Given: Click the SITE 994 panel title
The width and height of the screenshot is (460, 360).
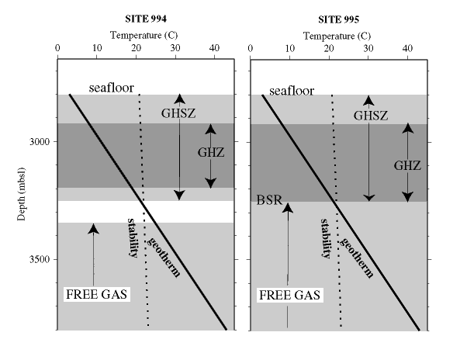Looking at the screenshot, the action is pyautogui.click(x=146, y=19).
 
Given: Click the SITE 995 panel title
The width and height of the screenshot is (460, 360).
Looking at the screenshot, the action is pyautogui.click(x=338, y=19).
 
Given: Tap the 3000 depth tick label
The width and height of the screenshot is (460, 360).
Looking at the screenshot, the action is pyautogui.click(x=40, y=142).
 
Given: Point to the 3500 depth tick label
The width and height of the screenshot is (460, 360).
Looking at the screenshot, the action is pyautogui.click(x=40, y=259).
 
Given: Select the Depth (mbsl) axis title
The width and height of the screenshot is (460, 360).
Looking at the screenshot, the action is pyautogui.click(x=21, y=194).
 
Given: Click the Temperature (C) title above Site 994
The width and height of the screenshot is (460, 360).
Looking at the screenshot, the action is pyautogui.click(x=144, y=36).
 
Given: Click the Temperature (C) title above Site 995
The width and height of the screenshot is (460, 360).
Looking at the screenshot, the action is pyautogui.click(x=337, y=36).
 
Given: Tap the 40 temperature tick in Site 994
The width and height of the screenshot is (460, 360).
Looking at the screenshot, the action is pyautogui.click(x=214, y=48).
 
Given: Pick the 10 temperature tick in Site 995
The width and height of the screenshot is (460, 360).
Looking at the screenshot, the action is pyautogui.click(x=290, y=48).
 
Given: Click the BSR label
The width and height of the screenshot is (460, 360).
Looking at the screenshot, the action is pyautogui.click(x=269, y=200).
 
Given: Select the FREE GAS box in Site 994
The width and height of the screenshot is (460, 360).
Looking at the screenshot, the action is pyautogui.click(x=96, y=294).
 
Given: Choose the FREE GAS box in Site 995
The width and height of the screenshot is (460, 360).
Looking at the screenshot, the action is pyautogui.click(x=289, y=295).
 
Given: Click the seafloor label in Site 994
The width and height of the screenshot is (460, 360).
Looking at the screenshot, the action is pyautogui.click(x=112, y=88).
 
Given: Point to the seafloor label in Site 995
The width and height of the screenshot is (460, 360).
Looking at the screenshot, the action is pyautogui.click(x=292, y=91).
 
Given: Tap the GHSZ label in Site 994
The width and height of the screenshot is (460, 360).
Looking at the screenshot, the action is pyautogui.click(x=178, y=113).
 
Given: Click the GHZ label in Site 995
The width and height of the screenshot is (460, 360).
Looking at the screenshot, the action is pyautogui.click(x=407, y=166).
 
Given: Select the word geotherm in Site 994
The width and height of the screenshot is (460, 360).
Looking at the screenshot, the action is pyautogui.click(x=164, y=258).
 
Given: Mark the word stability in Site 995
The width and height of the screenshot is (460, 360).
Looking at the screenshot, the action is pyautogui.click(x=326, y=238).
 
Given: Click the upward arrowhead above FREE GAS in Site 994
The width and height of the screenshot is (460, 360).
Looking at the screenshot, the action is pyautogui.click(x=94, y=229).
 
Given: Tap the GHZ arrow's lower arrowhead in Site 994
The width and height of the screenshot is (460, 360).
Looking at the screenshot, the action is pyautogui.click(x=211, y=183).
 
